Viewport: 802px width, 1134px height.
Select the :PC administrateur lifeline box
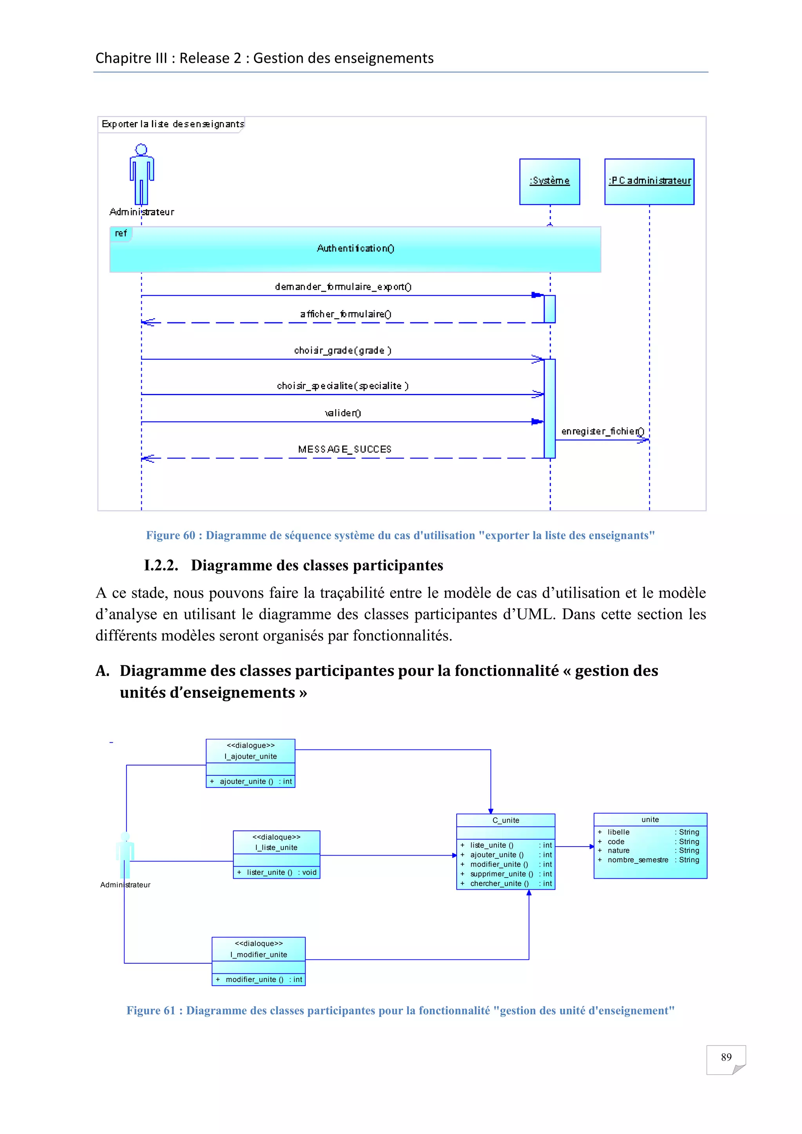pos(649,181)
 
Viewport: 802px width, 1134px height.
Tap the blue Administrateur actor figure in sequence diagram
pos(142,174)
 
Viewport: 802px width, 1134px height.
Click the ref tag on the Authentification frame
pos(121,233)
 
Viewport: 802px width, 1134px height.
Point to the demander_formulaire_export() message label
pos(343,287)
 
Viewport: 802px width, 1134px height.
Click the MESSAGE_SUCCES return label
pos(344,450)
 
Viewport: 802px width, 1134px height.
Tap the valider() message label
pos(343,413)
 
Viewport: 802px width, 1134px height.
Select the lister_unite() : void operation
pos(276,872)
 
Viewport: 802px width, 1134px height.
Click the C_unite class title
pos(506,820)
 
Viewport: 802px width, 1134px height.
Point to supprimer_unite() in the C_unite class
pos(501,874)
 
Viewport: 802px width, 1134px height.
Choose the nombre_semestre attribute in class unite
pos(638,860)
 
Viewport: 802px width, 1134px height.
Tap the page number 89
pos(726,1057)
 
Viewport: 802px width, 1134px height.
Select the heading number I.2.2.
pos(161,565)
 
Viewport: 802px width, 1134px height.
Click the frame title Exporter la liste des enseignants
pos(172,124)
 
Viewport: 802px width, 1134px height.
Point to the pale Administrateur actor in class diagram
pos(125,854)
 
